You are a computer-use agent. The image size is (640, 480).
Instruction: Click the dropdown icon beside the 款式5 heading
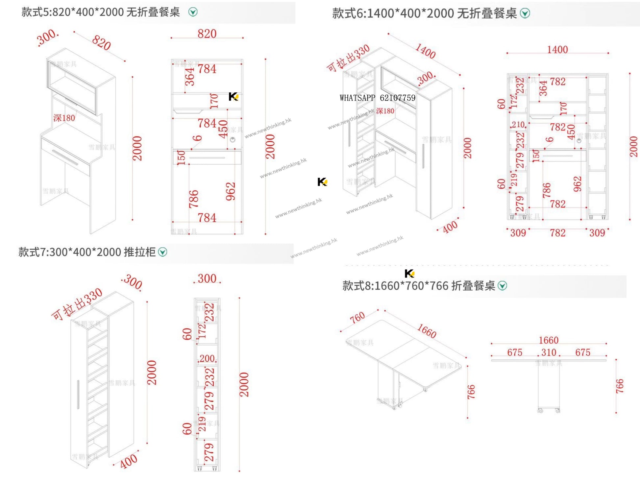(193, 12)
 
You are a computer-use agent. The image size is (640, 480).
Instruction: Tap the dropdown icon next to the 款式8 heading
(502, 286)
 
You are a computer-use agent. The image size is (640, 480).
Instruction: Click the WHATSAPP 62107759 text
(377, 98)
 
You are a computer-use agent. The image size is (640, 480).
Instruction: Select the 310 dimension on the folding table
(549, 352)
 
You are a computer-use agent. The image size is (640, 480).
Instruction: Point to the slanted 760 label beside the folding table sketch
(357, 317)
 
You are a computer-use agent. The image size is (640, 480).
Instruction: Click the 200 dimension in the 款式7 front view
(207, 358)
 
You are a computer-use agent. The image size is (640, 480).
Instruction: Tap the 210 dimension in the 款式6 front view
(518, 125)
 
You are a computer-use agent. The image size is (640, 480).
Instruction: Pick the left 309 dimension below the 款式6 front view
(518, 233)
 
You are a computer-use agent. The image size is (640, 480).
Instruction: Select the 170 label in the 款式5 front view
(214, 101)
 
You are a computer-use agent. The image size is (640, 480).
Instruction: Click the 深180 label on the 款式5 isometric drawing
(64, 118)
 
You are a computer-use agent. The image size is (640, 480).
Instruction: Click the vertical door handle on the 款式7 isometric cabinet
(78, 394)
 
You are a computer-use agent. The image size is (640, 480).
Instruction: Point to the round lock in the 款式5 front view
(233, 140)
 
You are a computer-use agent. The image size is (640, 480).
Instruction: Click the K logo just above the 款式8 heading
(409, 273)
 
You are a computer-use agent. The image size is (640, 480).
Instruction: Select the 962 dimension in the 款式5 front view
(231, 191)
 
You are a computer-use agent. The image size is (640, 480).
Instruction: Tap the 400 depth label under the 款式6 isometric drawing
(450, 227)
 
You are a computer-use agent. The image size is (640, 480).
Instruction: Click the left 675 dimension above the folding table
(514, 352)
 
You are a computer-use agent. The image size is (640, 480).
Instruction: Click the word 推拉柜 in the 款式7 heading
(139, 252)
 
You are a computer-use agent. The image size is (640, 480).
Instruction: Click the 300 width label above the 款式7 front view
(207, 278)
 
